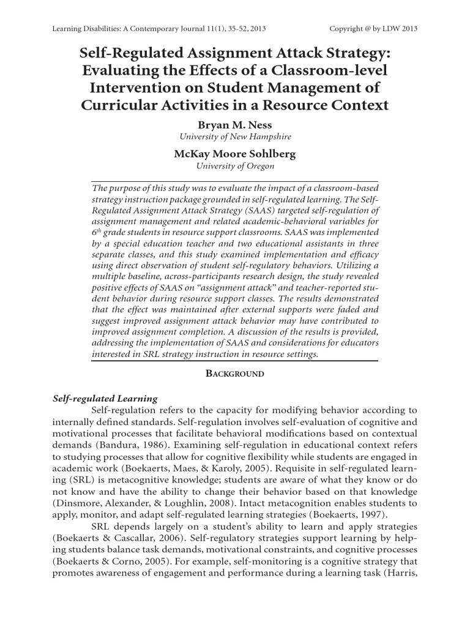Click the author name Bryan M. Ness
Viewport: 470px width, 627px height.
tap(235, 125)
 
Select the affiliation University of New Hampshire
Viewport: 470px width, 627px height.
tap(235, 137)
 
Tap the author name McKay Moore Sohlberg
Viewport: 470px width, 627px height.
tap(235, 154)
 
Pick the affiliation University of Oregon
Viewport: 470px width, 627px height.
tap(235, 166)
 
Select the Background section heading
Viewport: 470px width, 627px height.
tap(234, 374)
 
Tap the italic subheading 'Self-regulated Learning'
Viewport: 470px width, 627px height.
tap(105, 399)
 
